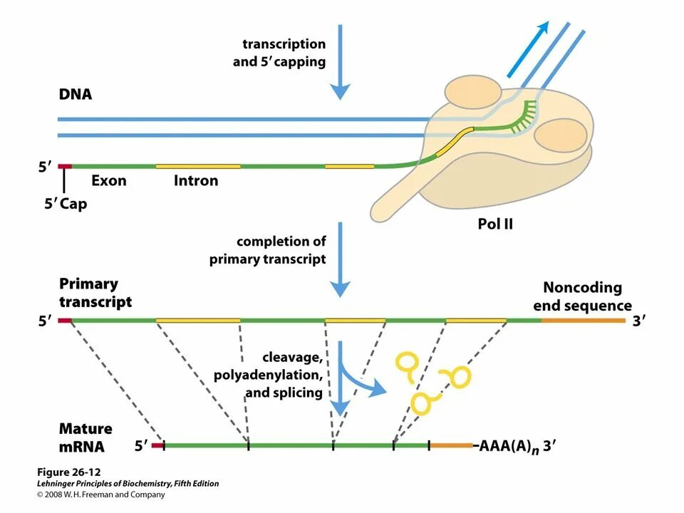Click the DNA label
[76, 94]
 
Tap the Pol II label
[495, 224]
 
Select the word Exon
[108, 180]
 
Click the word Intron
[196, 180]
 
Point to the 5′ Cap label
[66, 204]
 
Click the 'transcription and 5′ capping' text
[279, 53]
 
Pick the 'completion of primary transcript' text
[267, 250]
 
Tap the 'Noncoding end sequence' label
[582, 296]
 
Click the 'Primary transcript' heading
[95, 293]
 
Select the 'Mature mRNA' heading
[85, 437]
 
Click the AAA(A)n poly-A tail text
[509, 447]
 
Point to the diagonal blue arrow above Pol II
[527, 49]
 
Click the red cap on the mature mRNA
[157, 445]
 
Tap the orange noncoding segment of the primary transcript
[584, 321]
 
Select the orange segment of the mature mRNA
[450, 445]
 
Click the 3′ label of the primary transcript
[638, 321]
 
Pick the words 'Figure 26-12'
[69, 472]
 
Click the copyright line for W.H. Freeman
[100, 494]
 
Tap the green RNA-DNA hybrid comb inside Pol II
[519, 117]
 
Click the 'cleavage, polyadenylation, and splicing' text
[269, 375]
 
